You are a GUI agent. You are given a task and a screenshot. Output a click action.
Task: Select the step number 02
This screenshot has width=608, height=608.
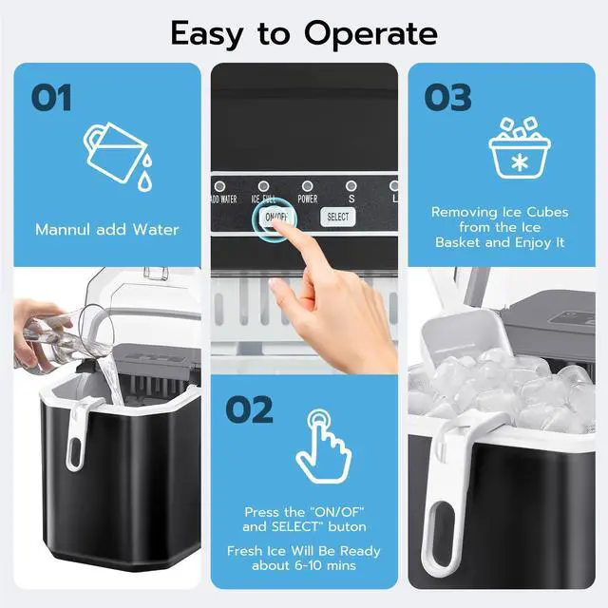[249, 410]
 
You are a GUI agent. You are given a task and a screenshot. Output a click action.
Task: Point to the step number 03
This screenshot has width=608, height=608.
[447, 97]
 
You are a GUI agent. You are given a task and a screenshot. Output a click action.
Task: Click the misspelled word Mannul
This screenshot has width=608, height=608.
[67, 229]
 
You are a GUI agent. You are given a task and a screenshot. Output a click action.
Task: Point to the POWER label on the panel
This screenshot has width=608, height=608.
[308, 199]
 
